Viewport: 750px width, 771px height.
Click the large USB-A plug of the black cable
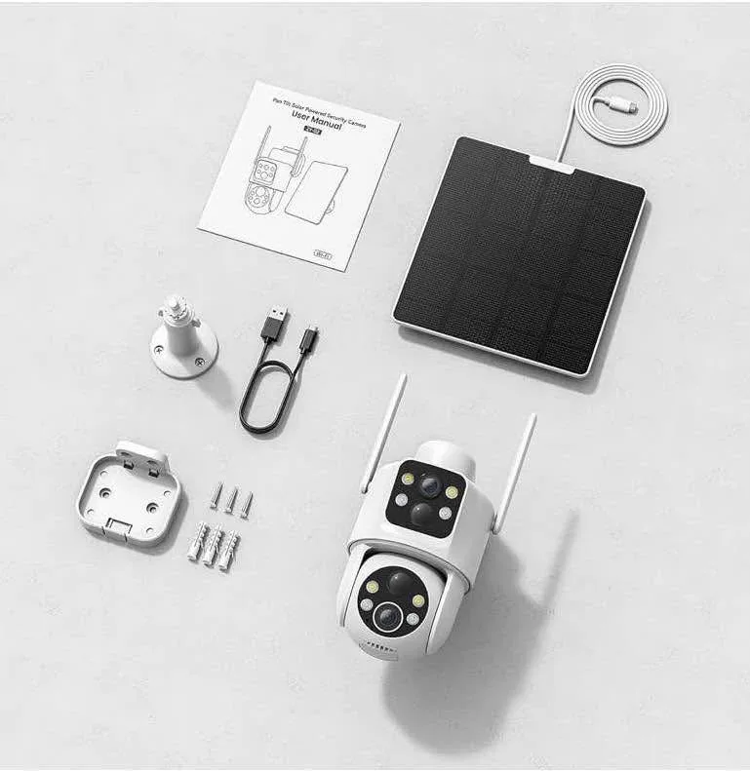pos(274,322)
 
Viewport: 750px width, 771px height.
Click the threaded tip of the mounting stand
pos(175,304)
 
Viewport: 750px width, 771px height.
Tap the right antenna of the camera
pos(514,472)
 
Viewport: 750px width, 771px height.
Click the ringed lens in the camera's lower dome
pos(388,615)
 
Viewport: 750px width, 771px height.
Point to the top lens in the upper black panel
pos(430,483)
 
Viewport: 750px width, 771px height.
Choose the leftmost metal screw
pos(215,497)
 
